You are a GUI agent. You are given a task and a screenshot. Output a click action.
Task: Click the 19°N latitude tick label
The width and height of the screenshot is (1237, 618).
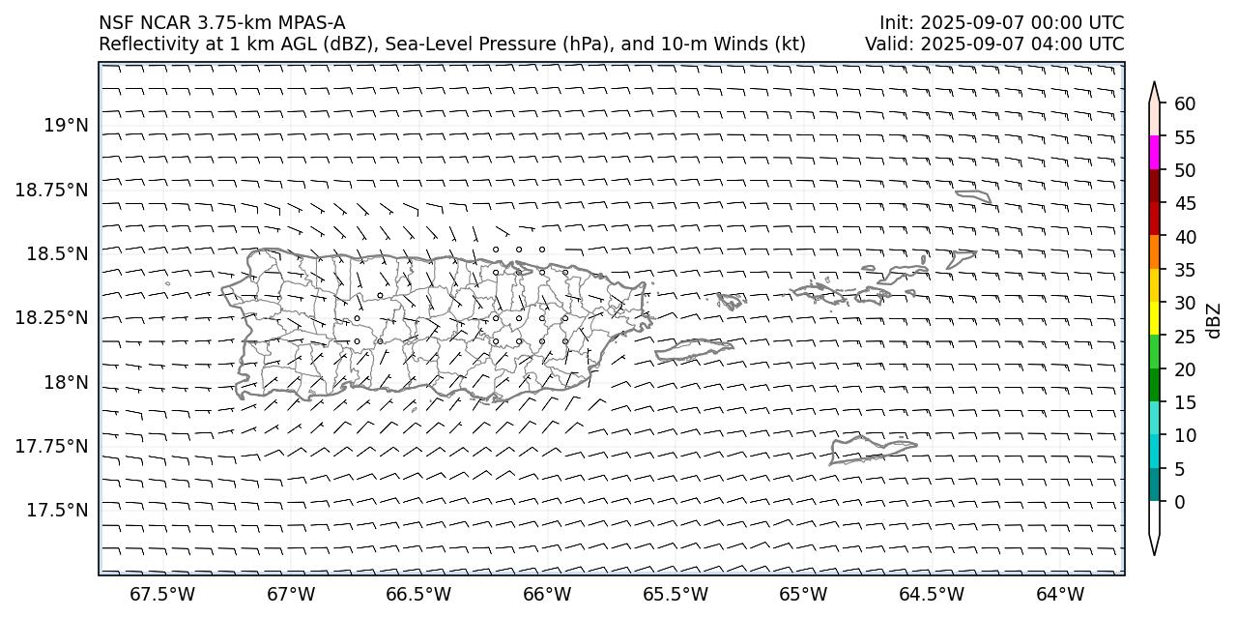[x=66, y=126]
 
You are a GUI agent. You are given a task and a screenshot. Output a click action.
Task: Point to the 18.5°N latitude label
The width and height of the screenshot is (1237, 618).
[x=59, y=253]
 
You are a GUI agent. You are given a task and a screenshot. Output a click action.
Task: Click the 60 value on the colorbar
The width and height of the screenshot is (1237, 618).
[x=1186, y=104]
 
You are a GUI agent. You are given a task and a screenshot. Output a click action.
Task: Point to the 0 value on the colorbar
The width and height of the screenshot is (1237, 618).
[x=1180, y=502]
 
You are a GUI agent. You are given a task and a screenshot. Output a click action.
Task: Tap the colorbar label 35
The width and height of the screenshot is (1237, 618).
[x=1186, y=270]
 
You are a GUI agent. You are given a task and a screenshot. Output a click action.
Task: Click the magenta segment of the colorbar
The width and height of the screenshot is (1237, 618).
[x=1154, y=153]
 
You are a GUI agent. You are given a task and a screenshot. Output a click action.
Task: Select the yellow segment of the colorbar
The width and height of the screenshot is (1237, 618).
[x=1154, y=319]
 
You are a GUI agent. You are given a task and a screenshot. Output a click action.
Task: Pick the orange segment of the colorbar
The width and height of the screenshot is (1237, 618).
[x=1154, y=252]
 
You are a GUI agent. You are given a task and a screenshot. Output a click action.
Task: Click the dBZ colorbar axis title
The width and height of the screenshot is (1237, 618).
[x=1214, y=321]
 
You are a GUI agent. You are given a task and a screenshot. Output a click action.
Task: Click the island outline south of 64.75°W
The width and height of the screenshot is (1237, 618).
[x=872, y=451]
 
